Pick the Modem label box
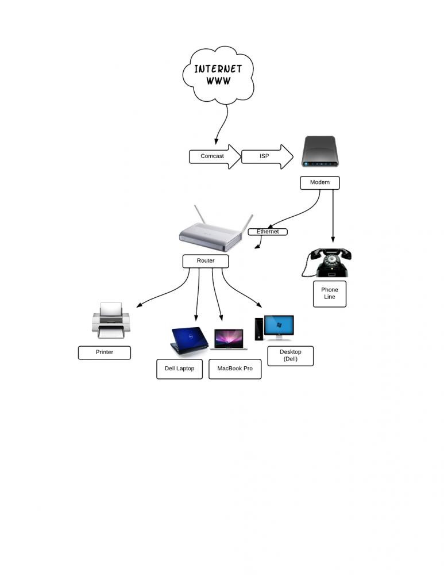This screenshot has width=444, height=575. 320,183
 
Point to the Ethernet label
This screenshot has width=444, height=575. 268,232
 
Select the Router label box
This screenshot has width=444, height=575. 206,261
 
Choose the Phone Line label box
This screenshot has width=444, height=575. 330,294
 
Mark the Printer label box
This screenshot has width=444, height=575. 105,352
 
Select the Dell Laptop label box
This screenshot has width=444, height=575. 180,369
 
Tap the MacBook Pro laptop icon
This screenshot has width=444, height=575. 230,339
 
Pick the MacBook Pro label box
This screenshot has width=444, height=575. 235,369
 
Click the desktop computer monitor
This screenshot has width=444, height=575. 279,327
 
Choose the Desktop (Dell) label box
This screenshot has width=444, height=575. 291,356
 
